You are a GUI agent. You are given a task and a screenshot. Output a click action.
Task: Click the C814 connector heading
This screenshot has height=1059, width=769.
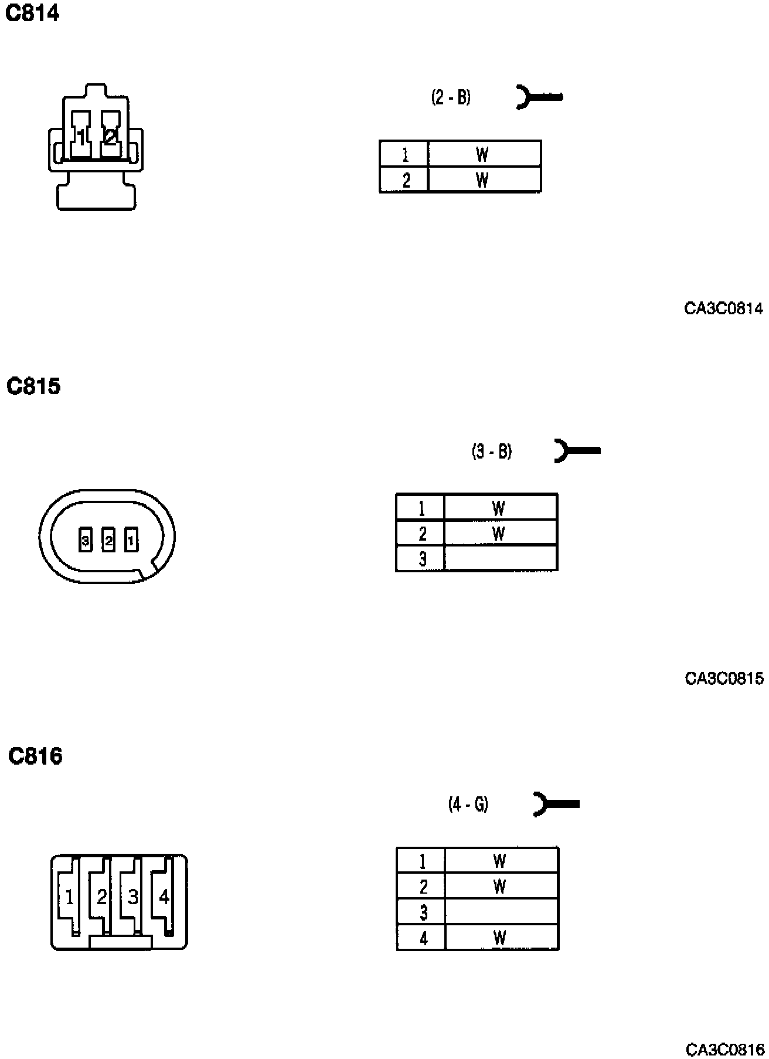coord(32,13)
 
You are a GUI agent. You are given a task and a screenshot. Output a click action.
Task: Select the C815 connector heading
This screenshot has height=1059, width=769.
coord(33,386)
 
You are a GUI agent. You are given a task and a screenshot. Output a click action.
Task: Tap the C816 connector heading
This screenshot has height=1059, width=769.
coord(35,756)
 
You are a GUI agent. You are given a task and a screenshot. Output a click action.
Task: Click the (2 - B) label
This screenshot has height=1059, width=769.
coord(451,97)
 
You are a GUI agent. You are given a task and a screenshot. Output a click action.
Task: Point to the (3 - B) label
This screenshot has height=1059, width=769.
coord(492,452)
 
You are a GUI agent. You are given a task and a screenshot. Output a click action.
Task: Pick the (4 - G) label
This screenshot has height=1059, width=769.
coord(468,804)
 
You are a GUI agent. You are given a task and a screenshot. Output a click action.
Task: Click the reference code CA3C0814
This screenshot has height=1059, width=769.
coord(723,308)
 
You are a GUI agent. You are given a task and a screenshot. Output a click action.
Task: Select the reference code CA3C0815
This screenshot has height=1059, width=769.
coord(724,678)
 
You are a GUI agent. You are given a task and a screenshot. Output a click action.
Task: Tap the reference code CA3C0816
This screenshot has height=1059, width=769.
coord(724,1049)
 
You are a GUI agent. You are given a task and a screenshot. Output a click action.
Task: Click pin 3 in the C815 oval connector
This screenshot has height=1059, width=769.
coord(86,540)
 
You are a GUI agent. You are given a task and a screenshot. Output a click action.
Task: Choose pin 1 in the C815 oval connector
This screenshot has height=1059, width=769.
coord(131,540)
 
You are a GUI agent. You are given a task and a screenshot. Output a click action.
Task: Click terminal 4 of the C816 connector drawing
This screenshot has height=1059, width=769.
coord(164,897)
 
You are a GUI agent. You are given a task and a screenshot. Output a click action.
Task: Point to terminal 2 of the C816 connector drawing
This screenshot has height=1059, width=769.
coord(101,897)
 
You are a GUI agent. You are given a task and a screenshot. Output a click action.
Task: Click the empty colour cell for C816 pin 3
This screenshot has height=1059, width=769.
coord(501,912)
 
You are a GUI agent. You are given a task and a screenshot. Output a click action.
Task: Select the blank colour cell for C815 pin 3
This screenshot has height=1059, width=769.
coord(501,558)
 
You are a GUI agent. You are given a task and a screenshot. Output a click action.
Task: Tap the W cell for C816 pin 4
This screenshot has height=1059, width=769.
coord(500,938)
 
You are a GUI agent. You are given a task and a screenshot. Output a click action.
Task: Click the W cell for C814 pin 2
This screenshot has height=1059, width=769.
coord(484,179)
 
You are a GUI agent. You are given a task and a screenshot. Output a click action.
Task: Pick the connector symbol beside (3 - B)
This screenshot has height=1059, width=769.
coord(577,450)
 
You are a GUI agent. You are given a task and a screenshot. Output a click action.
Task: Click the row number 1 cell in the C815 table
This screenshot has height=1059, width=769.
coord(421,507)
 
